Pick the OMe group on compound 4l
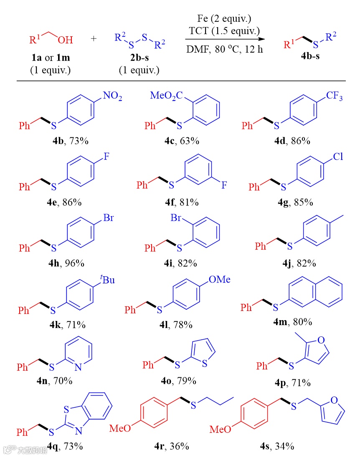click(x=219, y=280)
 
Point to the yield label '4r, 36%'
click(x=172, y=446)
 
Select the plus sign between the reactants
click(x=94, y=39)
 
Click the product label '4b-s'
click(x=310, y=57)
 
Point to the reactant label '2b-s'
click(x=139, y=57)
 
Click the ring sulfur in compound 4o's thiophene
click(x=205, y=364)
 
